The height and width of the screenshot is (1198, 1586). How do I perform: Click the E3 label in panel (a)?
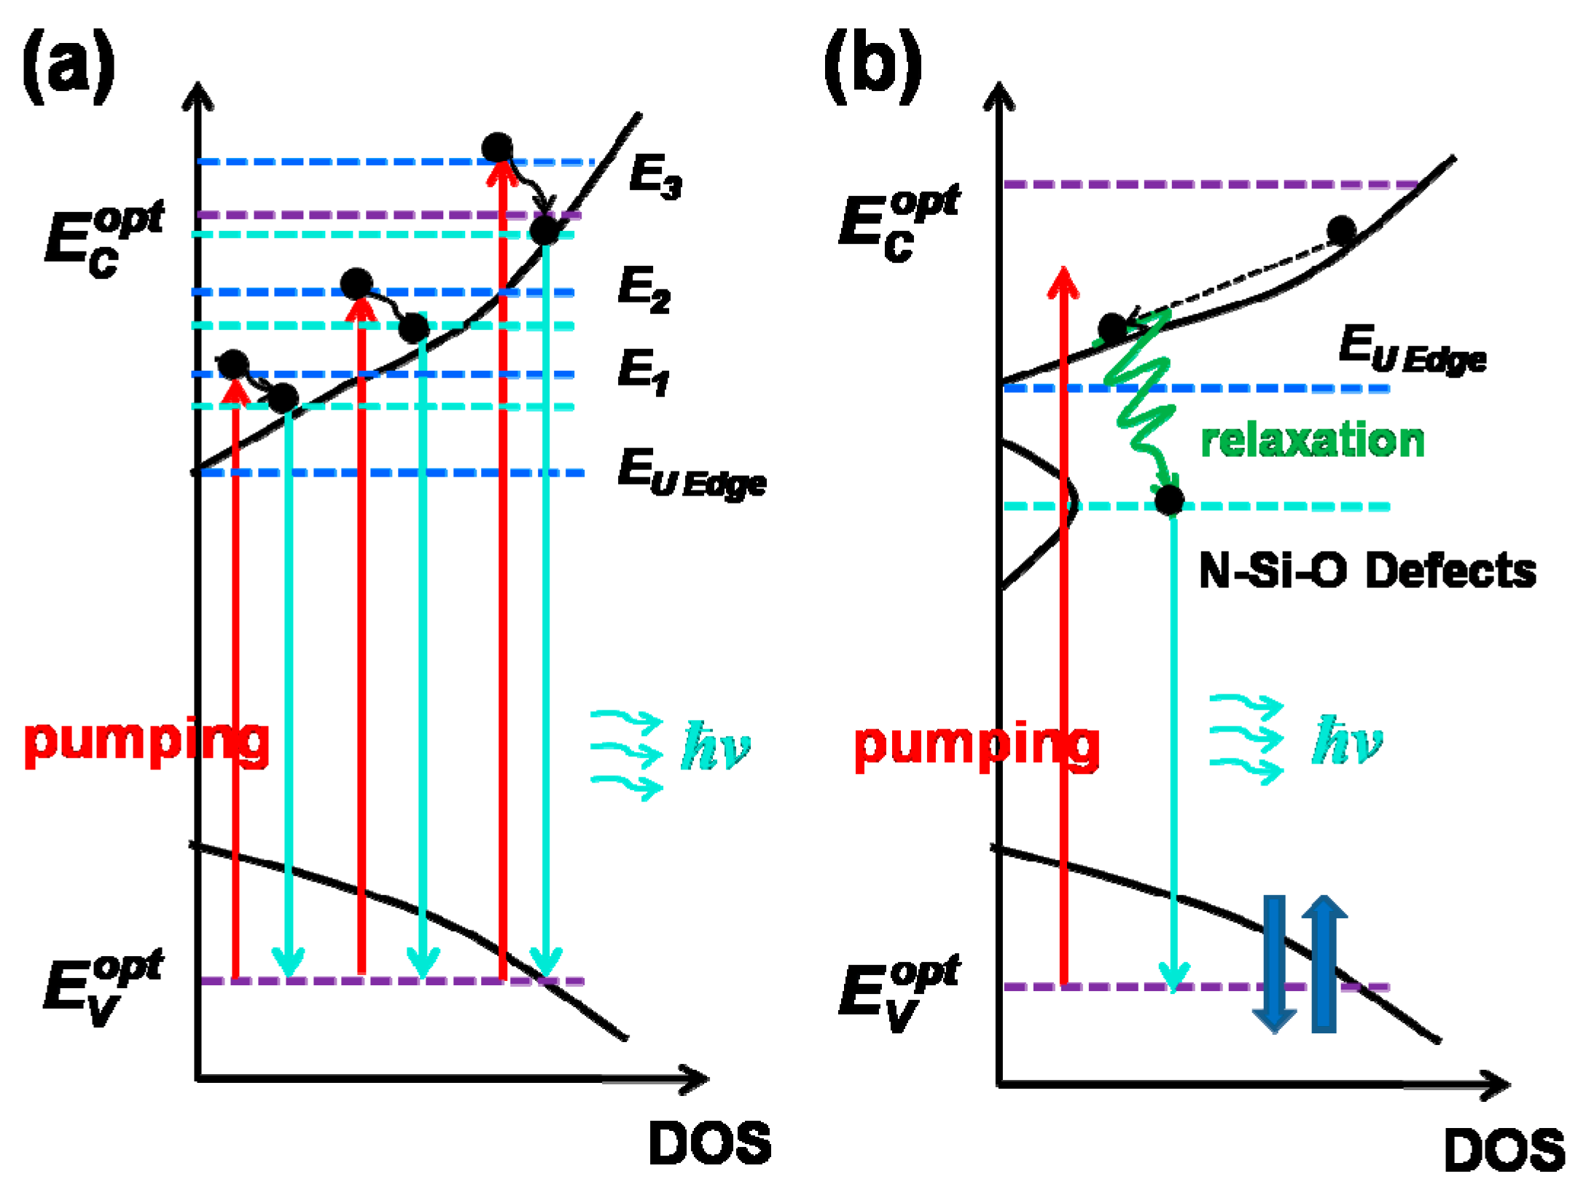coord(655,176)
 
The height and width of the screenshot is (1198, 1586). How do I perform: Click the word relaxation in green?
coord(1312,440)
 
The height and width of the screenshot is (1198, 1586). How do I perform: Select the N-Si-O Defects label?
coord(1367,570)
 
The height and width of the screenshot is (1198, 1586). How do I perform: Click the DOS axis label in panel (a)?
coord(710,1143)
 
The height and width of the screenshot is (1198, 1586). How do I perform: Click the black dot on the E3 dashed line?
coord(498,148)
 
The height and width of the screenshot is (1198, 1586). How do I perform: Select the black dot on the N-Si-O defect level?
coord(1169,500)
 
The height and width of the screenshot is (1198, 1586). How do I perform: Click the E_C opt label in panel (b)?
coord(898,223)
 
